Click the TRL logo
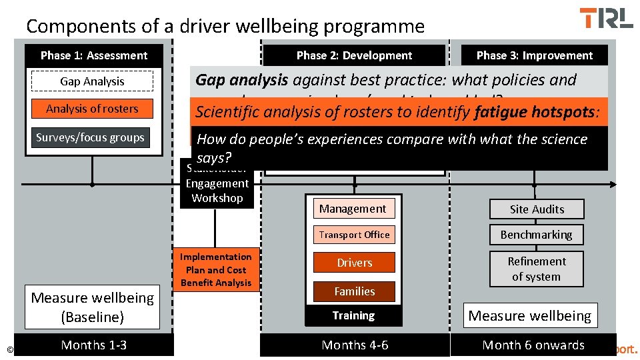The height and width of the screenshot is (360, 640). coord(606,18)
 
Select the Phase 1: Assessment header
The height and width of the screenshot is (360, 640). coord(93,55)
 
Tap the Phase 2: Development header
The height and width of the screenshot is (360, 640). coord(354,55)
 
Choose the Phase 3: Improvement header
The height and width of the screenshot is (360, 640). coord(534,55)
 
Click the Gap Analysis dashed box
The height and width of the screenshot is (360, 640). coord(92,81)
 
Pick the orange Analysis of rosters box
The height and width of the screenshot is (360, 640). coord(92,109)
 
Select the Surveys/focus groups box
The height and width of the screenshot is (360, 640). coord(90,137)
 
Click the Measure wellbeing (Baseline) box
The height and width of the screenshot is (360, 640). coord(93,307)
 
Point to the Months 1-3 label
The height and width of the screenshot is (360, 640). coord(93,345)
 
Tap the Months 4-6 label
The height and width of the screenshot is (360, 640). coord(355,345)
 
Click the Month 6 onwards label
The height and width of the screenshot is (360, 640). coord(533,345)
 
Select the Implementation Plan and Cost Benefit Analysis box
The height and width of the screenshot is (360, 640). coord(216,270)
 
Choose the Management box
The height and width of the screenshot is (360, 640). coord(353,209)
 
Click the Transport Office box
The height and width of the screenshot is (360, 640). coord(354,235)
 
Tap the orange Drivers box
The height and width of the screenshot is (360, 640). coord(354,263)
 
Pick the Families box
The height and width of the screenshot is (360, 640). coord(354,291)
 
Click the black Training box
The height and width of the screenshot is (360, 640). coord(353,315)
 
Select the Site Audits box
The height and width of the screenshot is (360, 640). coord(537,209)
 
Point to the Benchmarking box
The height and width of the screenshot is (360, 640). coord(537,235)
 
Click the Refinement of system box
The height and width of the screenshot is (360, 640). coord(536,269)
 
